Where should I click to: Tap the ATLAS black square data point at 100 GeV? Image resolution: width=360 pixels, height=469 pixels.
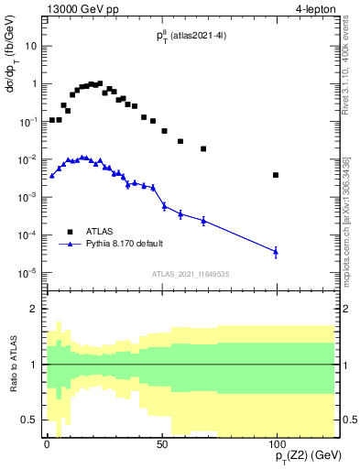click(x=276, y=175)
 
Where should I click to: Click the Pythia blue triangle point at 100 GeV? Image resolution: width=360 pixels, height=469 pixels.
click(x=276, y=251)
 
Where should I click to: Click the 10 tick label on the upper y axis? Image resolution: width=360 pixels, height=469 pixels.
click(x=30, y=45)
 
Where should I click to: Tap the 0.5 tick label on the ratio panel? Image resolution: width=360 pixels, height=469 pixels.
click(x=28, y=420)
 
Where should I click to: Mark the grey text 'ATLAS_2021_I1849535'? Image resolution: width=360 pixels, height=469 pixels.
click(x=190, y=272)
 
